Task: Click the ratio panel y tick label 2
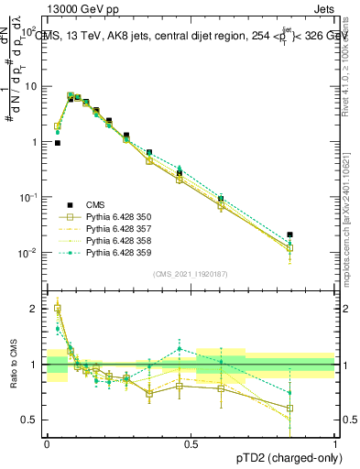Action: (34, 309)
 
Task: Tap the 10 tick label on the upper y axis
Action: (29, 86)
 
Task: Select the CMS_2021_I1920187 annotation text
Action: (191, 273)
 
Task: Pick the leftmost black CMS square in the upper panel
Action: (57, 143)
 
